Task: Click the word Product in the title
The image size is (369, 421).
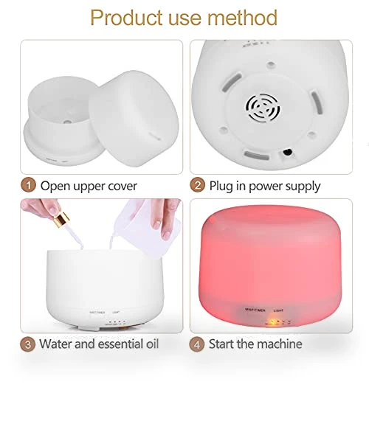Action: [127, 18]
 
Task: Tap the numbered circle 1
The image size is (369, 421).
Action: [29, 185]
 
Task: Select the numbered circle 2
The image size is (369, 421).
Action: [198, 185]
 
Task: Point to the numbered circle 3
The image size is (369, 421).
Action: [28, 344]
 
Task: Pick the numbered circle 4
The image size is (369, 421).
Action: [197, 344]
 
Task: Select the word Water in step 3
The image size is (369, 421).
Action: [56, 344]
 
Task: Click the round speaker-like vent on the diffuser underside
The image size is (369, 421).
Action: [263, 108]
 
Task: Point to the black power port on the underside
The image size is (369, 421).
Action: [287, 152]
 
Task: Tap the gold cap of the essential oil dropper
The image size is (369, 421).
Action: [61, 219]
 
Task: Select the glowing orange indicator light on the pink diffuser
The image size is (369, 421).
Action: [272, 321]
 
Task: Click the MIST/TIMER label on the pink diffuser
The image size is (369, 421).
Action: [255, 310]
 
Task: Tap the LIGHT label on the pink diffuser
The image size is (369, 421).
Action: [278, 310]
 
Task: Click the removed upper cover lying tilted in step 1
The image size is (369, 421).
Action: [134, 118]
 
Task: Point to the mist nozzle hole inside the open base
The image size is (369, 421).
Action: [67, 122]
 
